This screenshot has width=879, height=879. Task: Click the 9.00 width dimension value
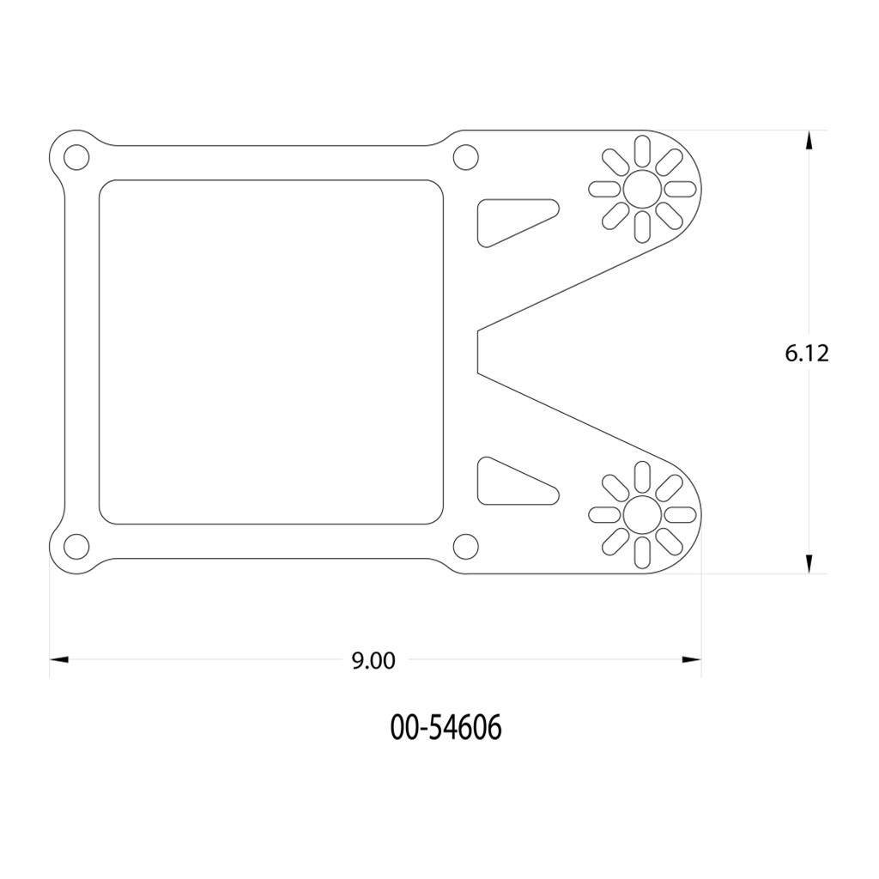coord(373,661)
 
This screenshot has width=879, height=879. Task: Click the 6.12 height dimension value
coord(807,353)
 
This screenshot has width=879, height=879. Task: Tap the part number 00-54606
coord(446,728)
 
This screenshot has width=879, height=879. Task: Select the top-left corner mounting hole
coord(76,158)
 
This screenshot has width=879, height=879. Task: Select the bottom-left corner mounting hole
coord(76,546)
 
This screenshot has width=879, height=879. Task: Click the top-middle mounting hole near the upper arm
coord(465,158)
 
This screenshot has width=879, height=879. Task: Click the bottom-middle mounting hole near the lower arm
coord(465,546)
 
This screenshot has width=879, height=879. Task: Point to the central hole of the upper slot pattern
coord(641,189)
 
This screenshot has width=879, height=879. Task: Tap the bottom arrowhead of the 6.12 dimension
coord(809,563)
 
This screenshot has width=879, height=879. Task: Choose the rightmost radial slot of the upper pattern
coord(681,189)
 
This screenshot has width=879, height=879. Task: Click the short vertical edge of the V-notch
coord(476,352)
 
